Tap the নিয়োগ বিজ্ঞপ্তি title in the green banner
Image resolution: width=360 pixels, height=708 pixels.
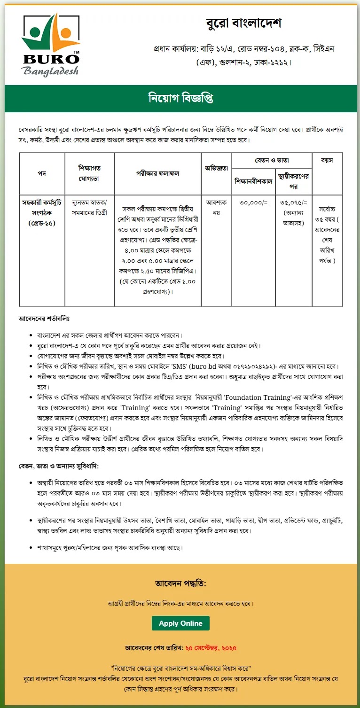[180, 99]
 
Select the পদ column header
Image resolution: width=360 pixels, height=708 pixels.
[42, 173]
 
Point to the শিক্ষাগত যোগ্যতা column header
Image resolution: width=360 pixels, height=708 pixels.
[89, 173]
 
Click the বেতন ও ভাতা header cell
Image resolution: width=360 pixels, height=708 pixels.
[272, 161]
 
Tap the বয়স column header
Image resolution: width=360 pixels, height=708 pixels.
[327, 161]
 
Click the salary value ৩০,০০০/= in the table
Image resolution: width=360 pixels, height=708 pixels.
[253, 203]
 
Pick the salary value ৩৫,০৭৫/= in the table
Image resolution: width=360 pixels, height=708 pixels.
[294, 203]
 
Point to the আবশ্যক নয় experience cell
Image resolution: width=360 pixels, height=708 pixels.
[216, 207]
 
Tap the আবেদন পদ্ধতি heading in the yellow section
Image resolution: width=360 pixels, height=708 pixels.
[180, 584]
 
